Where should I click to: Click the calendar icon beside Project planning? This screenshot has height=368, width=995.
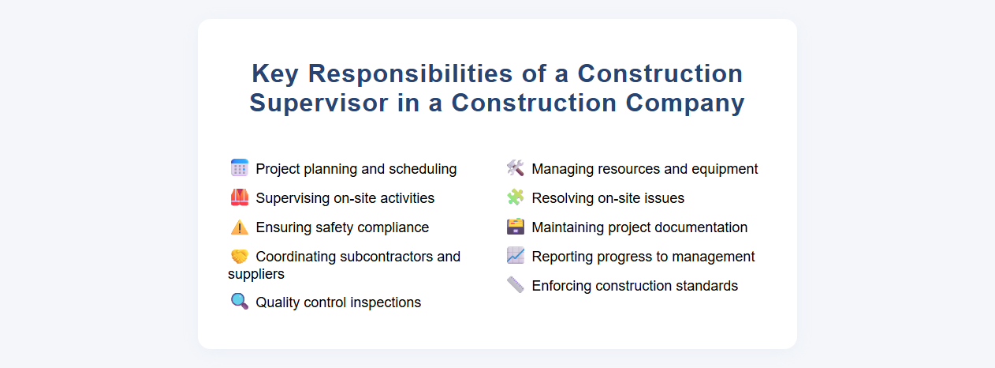click(240, 168)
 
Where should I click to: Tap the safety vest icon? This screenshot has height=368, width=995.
click(240, 197)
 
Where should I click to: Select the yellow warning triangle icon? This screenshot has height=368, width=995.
click(240, 227)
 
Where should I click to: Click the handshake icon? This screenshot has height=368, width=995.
click(240, 257)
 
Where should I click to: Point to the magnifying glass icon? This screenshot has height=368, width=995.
click(240, 302)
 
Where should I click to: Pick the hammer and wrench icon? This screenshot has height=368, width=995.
click(515, 168)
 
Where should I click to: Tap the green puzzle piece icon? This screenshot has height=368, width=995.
click(515, 197)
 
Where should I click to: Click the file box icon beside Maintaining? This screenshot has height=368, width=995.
click(515, 227)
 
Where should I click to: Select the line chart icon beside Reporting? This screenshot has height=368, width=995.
click(515, 256)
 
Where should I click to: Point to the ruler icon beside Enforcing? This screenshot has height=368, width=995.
click(515, 285)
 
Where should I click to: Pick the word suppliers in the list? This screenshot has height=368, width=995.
click(256, 274)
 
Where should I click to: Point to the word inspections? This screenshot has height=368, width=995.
click(385, 302)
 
